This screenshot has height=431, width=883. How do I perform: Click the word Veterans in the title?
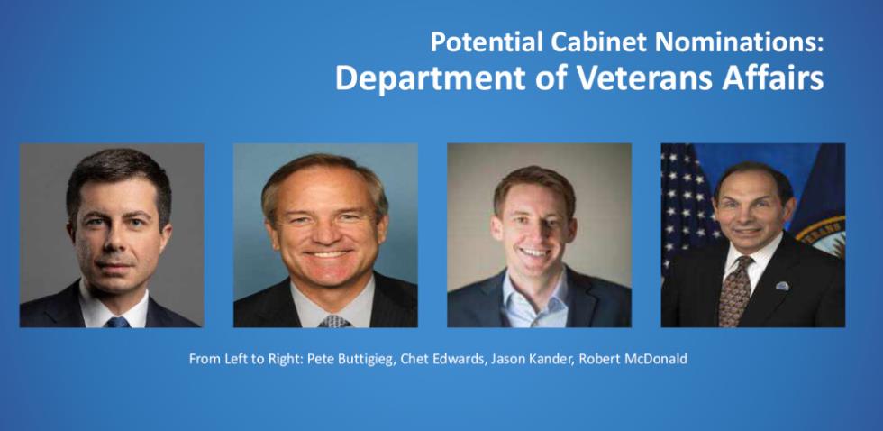(647, 78)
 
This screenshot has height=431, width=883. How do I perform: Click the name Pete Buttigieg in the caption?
(350, 360)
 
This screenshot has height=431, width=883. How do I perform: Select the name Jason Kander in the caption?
(531, 359)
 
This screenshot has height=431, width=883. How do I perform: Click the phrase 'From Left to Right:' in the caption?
(246, 360)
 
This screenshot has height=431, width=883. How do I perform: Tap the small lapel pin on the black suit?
(782, 286)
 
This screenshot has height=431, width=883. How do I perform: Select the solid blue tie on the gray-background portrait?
(118, 322)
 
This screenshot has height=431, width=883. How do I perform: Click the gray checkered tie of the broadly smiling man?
(334, 321)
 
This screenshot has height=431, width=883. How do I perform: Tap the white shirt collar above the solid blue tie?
(114, 305)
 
